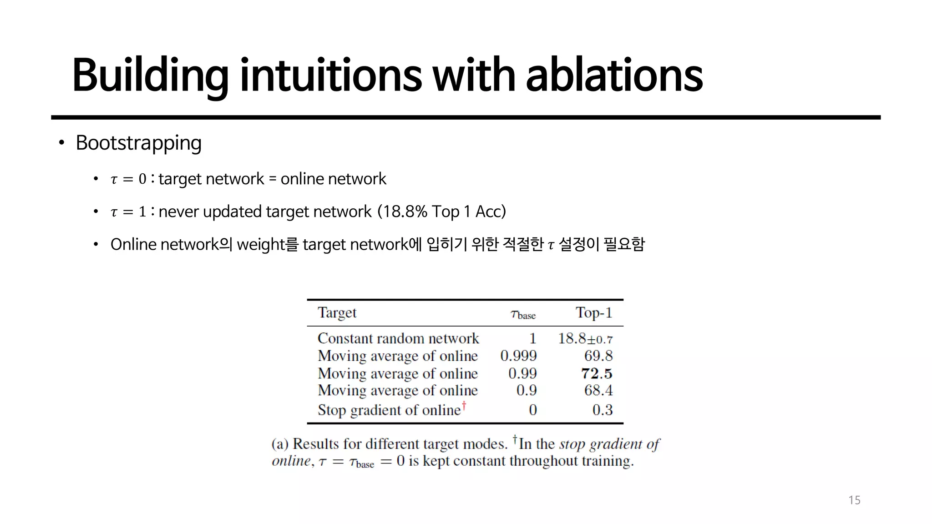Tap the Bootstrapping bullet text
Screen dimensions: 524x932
pos(138,143)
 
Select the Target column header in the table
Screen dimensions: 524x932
pos(337,313)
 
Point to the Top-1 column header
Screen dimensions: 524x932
pos(594,313)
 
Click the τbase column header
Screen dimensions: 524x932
pos(523,314)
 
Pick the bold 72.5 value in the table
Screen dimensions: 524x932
pos(597,374)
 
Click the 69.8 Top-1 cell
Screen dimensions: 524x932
pos(598,356)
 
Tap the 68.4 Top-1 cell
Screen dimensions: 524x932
pos(598,390)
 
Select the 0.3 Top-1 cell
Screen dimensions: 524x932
pos(602,410)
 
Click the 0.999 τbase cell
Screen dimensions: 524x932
pos(518,356)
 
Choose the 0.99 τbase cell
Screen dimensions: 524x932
pos(522,374)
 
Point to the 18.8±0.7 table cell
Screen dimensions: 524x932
pos(585,339)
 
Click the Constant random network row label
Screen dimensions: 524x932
pos(398,338)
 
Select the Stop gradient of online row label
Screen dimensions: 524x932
pos(389,410)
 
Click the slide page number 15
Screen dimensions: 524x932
pos(854,500)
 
